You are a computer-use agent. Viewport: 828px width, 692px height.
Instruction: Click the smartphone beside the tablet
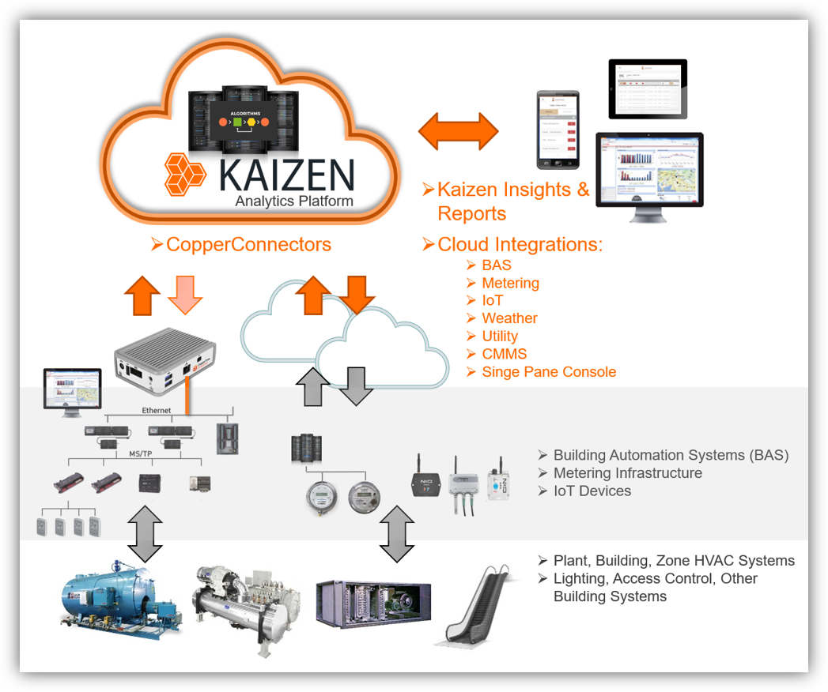558,130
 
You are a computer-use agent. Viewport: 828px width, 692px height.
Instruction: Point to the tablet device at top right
647,89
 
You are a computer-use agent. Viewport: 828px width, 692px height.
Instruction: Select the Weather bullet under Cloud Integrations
509,318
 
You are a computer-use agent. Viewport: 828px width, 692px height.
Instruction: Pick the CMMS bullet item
504,354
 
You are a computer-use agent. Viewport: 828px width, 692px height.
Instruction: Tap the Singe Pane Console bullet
548,372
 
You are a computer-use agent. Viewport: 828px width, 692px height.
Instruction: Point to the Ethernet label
156,410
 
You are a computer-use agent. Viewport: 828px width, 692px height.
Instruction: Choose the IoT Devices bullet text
592,491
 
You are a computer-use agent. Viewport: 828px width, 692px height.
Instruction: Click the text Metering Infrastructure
627,473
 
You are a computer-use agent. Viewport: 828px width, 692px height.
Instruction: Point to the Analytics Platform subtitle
293,201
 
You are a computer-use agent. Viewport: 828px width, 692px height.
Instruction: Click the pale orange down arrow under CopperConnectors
185,295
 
